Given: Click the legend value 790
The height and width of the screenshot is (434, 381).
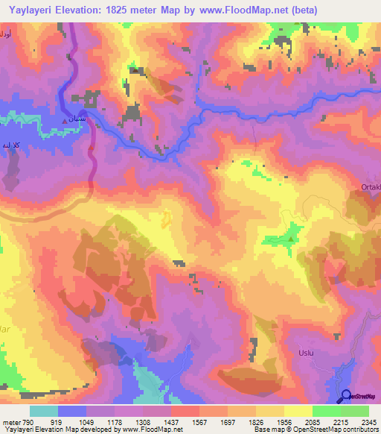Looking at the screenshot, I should (x=28, y=422).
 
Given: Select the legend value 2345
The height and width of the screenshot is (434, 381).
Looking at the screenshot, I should (x=367, y=422).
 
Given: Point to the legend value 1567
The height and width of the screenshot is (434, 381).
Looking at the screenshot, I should (x=199, y=422).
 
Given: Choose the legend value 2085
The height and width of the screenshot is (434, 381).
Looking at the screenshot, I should (x=312, y=422).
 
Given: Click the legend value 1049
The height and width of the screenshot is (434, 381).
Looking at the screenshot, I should (x=87, y=422).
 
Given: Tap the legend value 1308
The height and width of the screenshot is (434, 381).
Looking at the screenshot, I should (x=143, y=422).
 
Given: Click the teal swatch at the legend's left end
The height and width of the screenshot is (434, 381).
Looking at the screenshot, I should (x=44, y=411).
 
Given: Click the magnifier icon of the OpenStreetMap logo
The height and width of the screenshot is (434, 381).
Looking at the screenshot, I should (x=345, y=397).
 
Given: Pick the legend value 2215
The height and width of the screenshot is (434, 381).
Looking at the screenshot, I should (x=339, y=422).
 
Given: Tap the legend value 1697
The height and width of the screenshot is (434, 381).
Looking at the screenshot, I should (x=228, y=422).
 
